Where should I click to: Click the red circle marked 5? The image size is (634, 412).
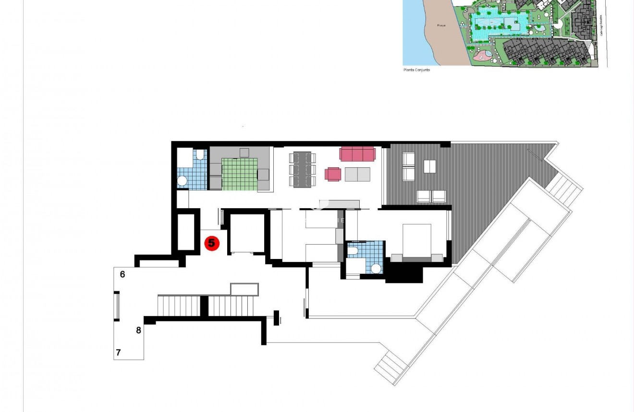[x=211, y=243]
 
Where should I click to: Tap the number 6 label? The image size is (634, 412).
[x=122, y=274]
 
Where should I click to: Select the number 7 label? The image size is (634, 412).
[x=118, y=353]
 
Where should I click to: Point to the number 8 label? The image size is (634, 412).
[x=139, y=330]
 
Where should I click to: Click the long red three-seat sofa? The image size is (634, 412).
[x=357, y=153]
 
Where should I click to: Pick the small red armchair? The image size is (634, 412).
[x=333, y=174]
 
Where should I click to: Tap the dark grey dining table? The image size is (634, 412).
[x=303, y=169]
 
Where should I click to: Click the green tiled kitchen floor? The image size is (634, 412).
[x=239, y=174]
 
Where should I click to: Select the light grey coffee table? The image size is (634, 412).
[x=357, y=174]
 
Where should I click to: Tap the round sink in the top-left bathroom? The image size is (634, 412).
[x=182, y=181]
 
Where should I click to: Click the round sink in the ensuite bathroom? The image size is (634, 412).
[x=376, y=268]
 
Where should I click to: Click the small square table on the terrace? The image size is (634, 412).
[x=429, y=166]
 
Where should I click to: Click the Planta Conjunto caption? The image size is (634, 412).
[x=416, y=70]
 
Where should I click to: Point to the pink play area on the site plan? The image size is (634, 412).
[x=483, y=56]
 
